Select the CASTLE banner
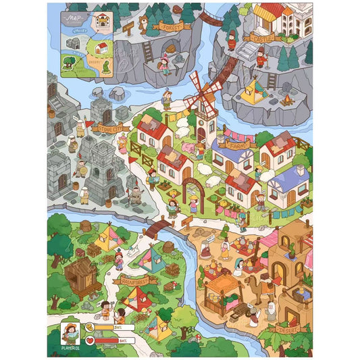[x=262, y=38]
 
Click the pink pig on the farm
[x=187, y=148]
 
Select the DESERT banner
[x=282, y=330]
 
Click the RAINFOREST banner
[x=135, y=279]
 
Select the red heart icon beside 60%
[x=88, y=340]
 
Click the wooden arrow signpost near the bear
[x=128, y=27]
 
